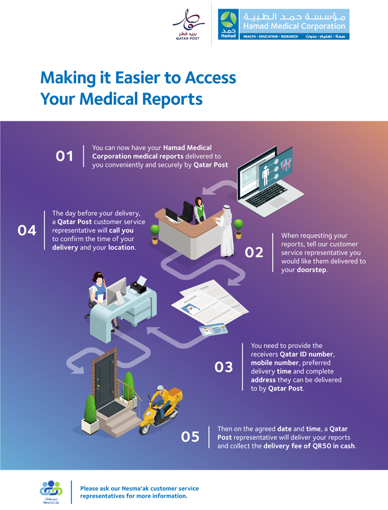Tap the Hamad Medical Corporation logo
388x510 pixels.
(x=283, y=24)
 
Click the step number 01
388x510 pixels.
(x=65, y=156)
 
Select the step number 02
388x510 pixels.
(x=255, y=253)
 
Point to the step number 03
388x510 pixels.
(x=224, y=367)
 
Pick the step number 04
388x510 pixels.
(x=27, y=231)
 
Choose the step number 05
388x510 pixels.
(x=190, y=437)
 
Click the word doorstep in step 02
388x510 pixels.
(x=312, y=270)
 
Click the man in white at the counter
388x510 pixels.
(x=226, y=229)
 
